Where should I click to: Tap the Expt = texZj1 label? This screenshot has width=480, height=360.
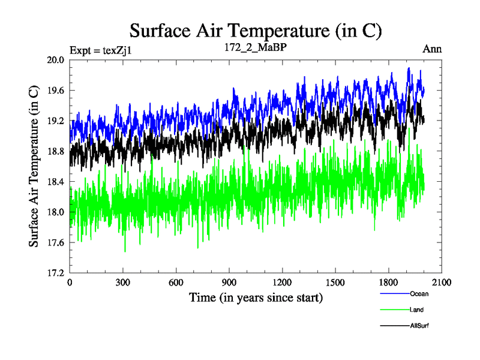click(x=100, y=50)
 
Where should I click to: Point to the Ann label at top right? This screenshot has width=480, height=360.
click(x=432, y=49)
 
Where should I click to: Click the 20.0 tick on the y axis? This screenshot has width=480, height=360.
click(x=56, y=60)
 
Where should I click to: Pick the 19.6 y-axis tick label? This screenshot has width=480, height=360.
click(x=56, y=91)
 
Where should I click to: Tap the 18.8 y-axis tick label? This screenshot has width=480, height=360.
click(x=56, y=151)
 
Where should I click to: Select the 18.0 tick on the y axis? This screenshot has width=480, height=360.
click(x=56, y=212)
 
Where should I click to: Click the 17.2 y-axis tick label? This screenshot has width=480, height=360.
click(x=56, y=273)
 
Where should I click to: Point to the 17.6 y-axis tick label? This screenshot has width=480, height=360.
click(x=56, y=242)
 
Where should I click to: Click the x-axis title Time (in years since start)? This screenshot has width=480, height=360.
click(x=256, y=297)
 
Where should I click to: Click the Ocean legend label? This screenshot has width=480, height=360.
click(x=419, y=294)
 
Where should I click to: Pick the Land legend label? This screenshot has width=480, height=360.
click(x=417, y=310)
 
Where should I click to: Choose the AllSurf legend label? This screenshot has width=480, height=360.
click(x=419, y=325)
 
